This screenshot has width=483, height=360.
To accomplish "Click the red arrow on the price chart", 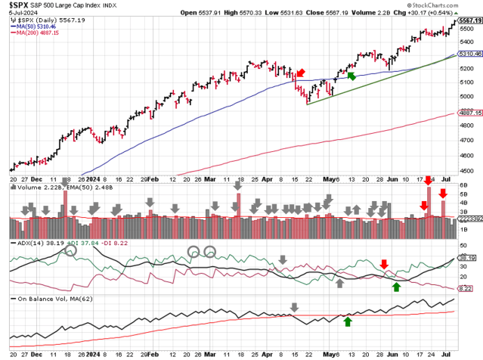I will click(300, 73).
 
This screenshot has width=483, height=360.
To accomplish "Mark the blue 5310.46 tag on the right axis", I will click(469, 55).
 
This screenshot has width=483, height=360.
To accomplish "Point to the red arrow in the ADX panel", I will click(384, 263).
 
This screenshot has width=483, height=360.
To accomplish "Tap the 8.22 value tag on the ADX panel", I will click(469, 289).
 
